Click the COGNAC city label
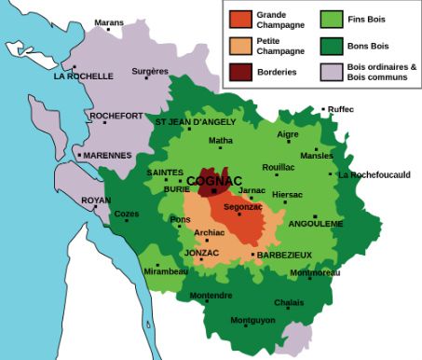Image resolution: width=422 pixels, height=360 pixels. coord(214,180)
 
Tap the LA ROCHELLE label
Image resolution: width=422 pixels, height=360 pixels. coord(84,76)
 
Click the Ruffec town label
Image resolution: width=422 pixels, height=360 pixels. coord(341,110)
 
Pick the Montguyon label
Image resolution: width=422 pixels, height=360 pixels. coord(252,321)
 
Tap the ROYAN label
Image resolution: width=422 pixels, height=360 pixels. coord(96,201)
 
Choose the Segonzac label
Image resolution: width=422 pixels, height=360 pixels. coord(242,206)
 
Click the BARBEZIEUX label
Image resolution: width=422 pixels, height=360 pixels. coord(284,255)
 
